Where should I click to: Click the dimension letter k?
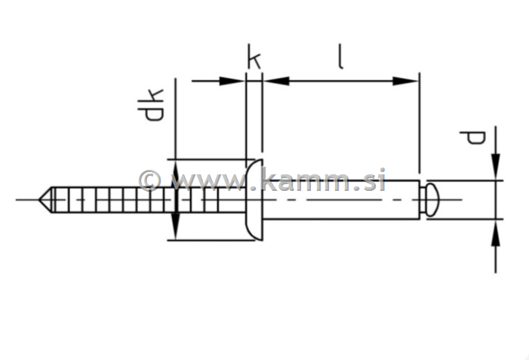[x=254, y=57]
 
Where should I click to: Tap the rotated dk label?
[x=150, y=105]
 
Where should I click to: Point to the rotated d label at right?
[x=473, y=137]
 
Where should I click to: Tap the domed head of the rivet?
[x=254, y=199]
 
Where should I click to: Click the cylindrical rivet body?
[x=340, y=200]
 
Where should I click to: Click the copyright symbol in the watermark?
[x=149, y=180]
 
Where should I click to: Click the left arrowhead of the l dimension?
[x=276, y=81]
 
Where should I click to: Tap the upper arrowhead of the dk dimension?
[x=175, y=172]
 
